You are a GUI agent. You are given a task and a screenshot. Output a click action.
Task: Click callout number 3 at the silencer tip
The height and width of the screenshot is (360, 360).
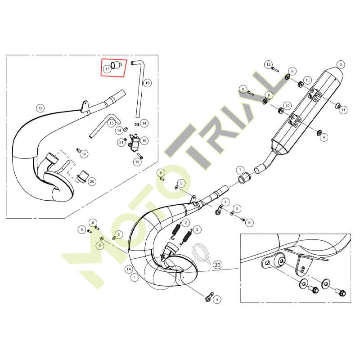click(341, 65)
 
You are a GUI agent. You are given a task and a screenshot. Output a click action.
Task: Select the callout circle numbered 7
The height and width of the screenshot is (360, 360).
click(240, 171)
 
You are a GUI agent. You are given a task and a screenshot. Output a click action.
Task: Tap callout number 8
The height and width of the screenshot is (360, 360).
click(243, 89)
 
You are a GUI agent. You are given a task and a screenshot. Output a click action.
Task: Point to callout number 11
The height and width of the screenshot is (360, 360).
click(343, 110)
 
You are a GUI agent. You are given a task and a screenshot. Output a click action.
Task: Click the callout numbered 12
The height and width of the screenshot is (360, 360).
click(269, 65)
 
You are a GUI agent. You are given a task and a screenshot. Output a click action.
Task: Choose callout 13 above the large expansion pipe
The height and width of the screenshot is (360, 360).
click(40, 108)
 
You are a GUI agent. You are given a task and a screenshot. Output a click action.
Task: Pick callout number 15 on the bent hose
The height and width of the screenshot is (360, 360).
click(111, 123)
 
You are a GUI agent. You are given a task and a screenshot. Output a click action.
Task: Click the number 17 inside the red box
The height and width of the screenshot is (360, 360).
click(107, 69)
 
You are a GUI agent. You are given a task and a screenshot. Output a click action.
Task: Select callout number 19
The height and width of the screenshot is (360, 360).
click(137, 162)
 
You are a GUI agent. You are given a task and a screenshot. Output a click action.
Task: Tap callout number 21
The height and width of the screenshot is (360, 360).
click(121, 143)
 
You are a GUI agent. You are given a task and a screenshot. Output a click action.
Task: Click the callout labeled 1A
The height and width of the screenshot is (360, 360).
click(129, 269)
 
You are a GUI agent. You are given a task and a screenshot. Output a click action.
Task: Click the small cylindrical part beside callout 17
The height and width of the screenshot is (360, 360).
click(117, 65)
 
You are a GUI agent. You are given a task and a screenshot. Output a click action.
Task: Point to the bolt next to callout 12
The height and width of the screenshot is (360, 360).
click(275, 69)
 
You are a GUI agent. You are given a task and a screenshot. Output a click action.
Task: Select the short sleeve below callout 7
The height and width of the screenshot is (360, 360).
click(243, 179)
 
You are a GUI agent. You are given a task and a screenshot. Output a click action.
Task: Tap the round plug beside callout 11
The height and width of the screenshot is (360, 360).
click(338, 106)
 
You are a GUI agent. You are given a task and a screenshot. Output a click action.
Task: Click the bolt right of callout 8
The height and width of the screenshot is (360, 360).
click(251, 93)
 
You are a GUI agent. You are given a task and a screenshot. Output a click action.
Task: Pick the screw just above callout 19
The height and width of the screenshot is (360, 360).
click(140, 156)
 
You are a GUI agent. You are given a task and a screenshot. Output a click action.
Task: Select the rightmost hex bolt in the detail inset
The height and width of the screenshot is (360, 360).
click(342, 293)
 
